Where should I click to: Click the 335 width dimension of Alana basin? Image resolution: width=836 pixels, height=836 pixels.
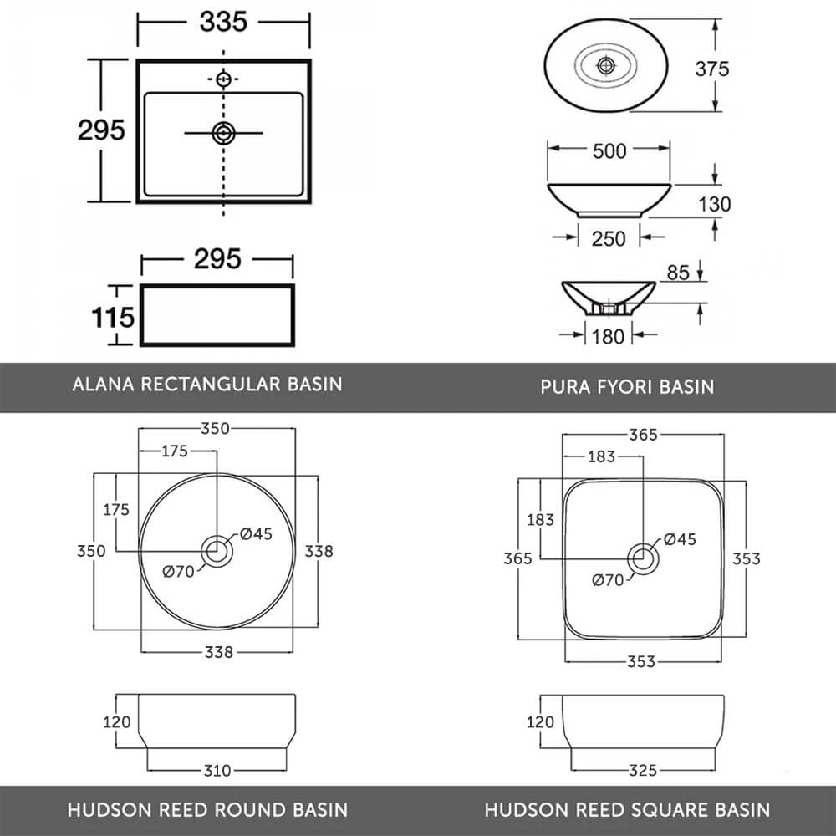[x=223, y=23]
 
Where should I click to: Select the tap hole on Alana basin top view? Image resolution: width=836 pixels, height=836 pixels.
[x=223, y=79]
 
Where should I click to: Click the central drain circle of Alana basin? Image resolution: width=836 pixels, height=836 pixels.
[x=223, y=132]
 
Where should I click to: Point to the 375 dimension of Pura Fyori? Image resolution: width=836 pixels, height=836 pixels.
[x=711, y=69]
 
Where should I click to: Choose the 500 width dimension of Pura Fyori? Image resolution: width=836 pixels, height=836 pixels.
[x=609, y=151]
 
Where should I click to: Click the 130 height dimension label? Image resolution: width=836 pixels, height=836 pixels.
[x=713, y=204]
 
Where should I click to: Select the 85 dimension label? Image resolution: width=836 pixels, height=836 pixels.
[x=679, y=273]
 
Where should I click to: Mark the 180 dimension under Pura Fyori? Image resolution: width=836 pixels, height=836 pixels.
[x=608, y=335]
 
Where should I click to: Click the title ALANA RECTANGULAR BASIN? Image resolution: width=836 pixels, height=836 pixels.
[x=207, y=385]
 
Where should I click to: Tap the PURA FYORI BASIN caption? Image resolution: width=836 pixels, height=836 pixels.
[x=627, y=386]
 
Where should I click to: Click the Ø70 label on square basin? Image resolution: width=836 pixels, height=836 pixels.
[x=608, y=579]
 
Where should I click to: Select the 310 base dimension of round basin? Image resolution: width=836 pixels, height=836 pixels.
[x=217, y=770]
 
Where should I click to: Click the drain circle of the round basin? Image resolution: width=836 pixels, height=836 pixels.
[x=217, y=552]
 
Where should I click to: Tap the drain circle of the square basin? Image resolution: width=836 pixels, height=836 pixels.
[x=643, y=558]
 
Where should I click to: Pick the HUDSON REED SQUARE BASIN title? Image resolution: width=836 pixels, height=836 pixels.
[x=627, y=809]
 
